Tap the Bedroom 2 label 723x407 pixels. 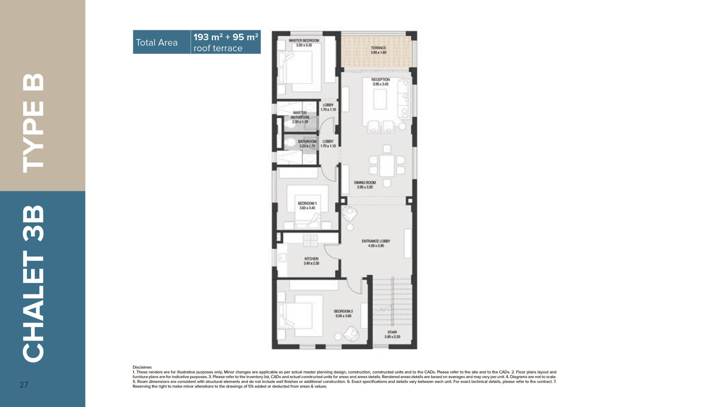[x=343, y=311]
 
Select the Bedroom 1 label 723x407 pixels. [x=307, y=203]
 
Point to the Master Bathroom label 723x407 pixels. [x=300, y=115]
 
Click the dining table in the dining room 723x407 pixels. [x=387, y=166]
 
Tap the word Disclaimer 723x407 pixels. [x=142, y=367]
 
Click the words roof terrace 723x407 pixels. [x=218, y=48]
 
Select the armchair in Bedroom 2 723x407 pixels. [x=351, y=333]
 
